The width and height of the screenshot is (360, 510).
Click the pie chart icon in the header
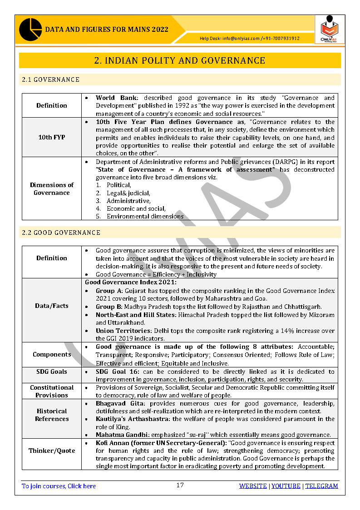pos(30,30)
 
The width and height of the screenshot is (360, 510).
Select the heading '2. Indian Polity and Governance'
pos(180,60)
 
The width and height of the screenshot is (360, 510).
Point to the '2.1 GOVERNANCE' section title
pos(50,79)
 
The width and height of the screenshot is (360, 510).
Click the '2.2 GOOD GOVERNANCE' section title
pos(61,233)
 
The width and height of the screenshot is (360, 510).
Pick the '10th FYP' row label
pos(52,137)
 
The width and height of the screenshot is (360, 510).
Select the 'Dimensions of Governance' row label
pos(52,188)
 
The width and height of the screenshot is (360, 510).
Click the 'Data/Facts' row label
pos(52,306)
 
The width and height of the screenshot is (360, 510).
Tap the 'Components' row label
pos(52,354)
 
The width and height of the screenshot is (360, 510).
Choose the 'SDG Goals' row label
pos(52,371)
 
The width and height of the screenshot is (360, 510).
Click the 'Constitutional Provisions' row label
pos(52,391)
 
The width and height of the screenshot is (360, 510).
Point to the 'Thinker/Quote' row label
pos(52,451)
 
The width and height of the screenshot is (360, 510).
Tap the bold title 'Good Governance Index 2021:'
pos(131,282)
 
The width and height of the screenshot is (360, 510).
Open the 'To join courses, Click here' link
pos(59,486)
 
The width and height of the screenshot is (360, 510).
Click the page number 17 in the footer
pos(180,485)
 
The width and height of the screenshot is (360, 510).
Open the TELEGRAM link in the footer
pos(321,486)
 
